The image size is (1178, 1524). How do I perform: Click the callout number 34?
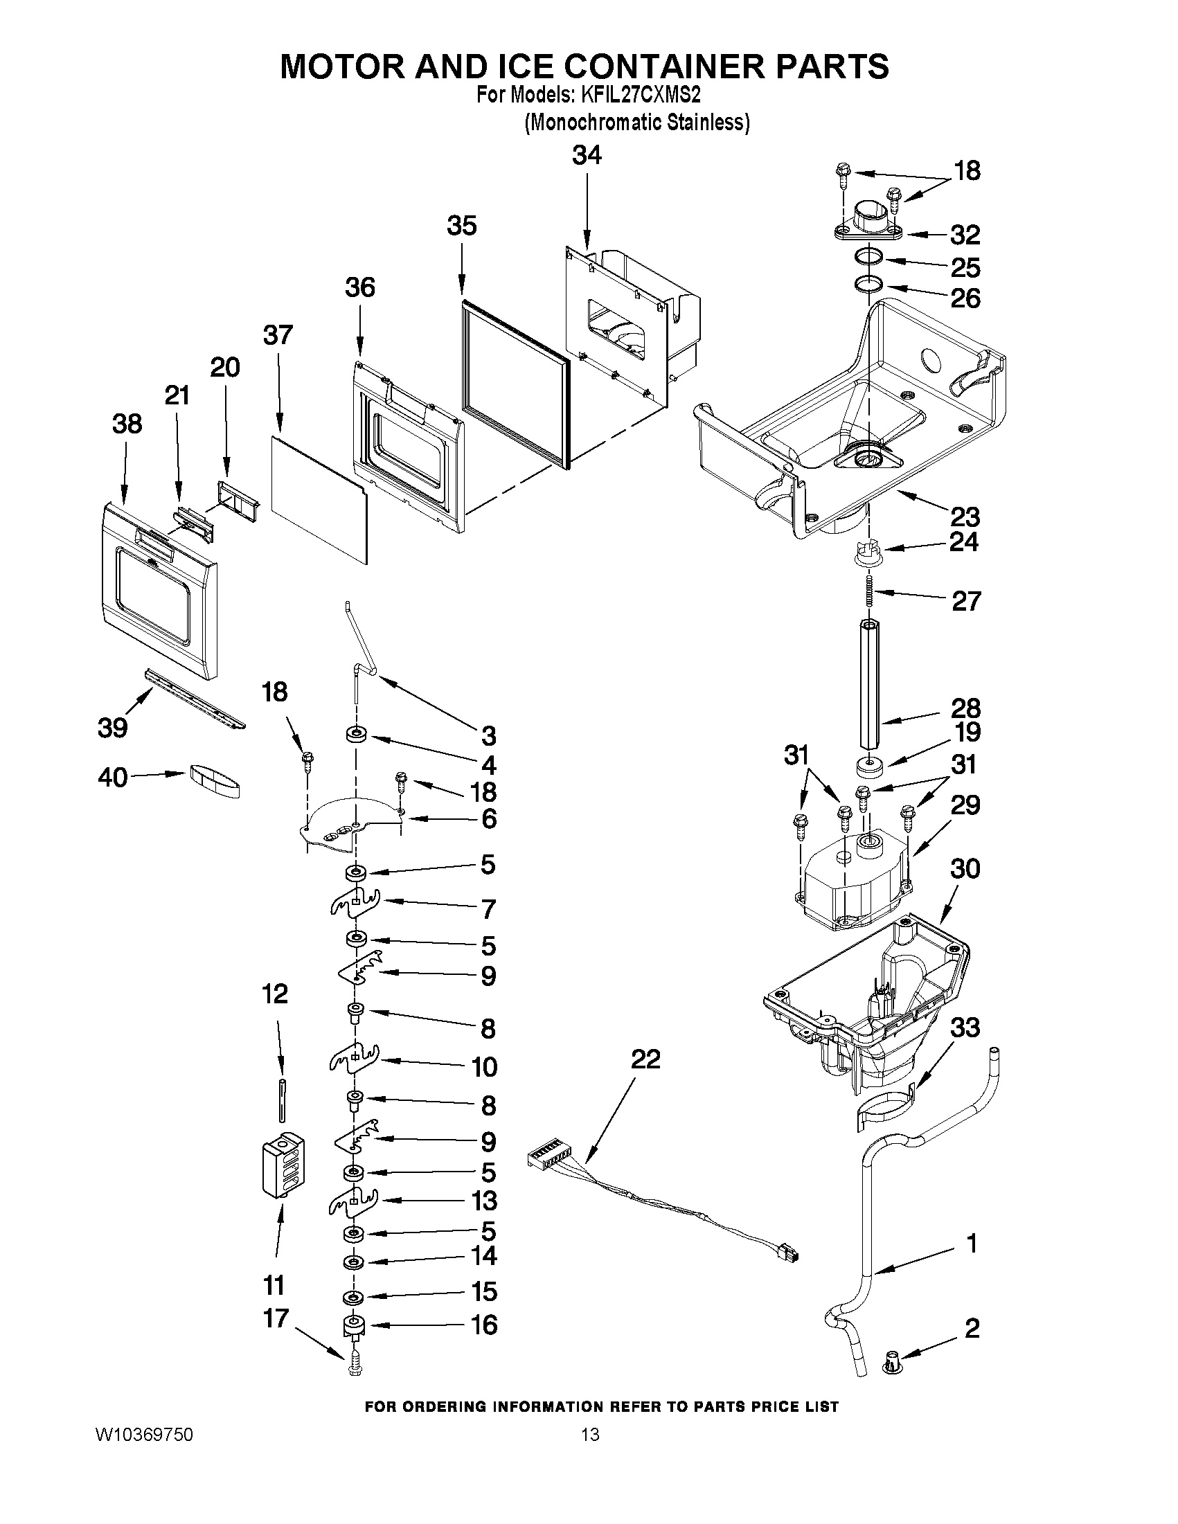click(x=586, y=156)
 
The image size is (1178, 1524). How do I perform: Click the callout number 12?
click(x=275, y=994)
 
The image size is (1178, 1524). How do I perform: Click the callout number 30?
click(x=965, y=869)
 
